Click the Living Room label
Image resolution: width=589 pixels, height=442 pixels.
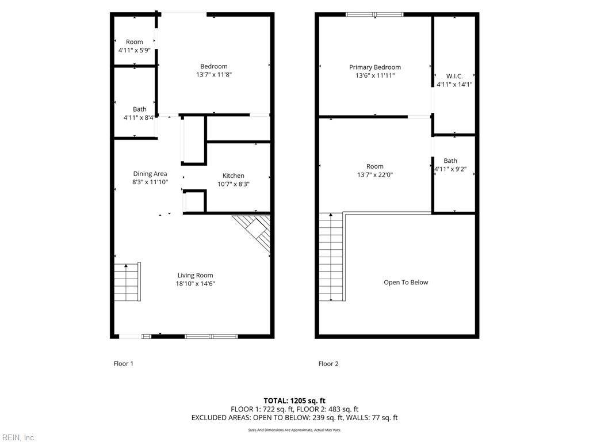[196, 275]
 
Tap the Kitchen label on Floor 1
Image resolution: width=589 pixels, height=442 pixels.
[234, 176]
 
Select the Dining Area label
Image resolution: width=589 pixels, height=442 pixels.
[150, 174]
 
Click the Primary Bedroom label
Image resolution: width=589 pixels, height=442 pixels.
[375, 67]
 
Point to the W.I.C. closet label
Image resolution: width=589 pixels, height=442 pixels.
[454, 76]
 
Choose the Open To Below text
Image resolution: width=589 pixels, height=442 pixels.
[406, 283]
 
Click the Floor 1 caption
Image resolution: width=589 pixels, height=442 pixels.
[124, 364]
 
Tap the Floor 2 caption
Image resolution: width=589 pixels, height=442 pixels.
[328, 364]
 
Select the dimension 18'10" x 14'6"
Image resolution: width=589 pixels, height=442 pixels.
[196, 284]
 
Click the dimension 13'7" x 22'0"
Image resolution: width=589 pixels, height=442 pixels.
[375, 175]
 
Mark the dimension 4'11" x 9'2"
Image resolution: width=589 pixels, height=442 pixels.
[450, 170]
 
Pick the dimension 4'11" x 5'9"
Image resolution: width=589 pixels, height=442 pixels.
[135, 50]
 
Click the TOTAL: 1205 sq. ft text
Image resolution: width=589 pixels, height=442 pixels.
[294, 401]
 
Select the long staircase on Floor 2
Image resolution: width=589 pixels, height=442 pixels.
[332, 257]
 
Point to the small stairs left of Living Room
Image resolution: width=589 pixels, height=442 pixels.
[127, 281]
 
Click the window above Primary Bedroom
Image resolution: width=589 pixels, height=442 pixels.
[374, 14]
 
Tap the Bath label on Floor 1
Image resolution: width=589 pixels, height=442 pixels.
[140, 109]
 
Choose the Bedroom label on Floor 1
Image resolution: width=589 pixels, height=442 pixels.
[214, 66]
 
